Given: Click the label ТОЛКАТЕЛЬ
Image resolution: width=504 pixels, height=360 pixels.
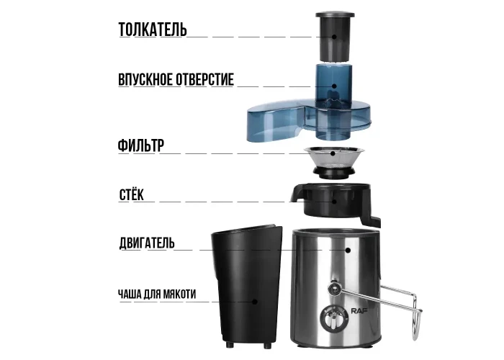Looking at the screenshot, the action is [x=153, y=30].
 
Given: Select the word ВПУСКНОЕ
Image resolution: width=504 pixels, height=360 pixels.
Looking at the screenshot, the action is [x=139, y=79].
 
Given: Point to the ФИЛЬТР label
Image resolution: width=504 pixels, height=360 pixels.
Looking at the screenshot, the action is [x=141, y=145].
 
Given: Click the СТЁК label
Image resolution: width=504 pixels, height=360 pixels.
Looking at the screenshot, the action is [x=132, y=195].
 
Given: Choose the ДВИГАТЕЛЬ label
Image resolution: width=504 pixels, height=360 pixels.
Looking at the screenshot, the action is [x=147, y=243].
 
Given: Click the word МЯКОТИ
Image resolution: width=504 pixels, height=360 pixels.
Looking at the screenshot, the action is [x=180, y=294].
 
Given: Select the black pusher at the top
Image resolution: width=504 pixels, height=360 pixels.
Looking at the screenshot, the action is [x=335, y=36].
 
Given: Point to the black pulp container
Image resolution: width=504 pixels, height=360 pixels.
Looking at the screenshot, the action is [x=246, y=287].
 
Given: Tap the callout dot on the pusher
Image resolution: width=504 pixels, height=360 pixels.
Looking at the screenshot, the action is [x=334, y=37].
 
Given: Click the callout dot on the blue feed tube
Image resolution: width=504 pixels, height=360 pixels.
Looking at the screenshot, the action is [x=334, y=86].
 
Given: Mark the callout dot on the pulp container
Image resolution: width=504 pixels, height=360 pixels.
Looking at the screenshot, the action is [x=255, y=302].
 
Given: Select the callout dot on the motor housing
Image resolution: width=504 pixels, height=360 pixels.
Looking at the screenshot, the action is [x=348, y=250].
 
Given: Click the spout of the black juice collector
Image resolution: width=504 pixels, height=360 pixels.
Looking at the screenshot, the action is [x=297, y=194].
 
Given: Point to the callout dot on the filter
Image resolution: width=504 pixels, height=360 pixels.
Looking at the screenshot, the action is [x=333, y=153].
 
